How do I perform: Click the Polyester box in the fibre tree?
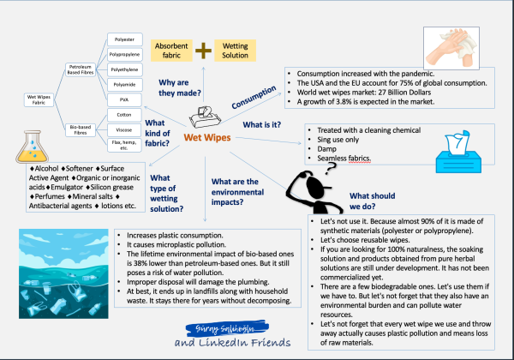tap(126, 39)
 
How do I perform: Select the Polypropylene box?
tap(126, 55)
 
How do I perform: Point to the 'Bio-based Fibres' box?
tap(83, 129)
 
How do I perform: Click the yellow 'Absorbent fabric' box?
tap(172, 49)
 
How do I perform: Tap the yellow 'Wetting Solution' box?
tap(235, 49)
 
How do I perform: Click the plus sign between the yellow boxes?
tap(204, 50)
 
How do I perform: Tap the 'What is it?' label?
tap(266, 125)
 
